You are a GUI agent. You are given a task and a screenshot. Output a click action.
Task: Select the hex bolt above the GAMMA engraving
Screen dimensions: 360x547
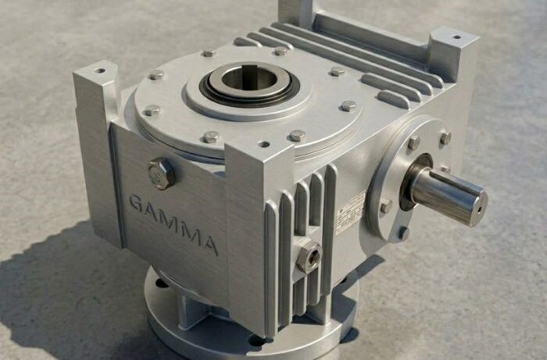[x=161, y=173]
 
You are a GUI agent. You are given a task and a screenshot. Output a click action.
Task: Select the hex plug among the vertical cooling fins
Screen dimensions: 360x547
[x=308, y=255]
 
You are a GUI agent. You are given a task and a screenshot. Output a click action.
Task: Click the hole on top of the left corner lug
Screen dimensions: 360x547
[x=100, y=70]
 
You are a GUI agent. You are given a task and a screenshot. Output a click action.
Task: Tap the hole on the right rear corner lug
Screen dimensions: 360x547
[x=456, y=36]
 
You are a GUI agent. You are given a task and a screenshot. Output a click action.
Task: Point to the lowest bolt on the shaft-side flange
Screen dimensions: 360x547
[x=402, y=232]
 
